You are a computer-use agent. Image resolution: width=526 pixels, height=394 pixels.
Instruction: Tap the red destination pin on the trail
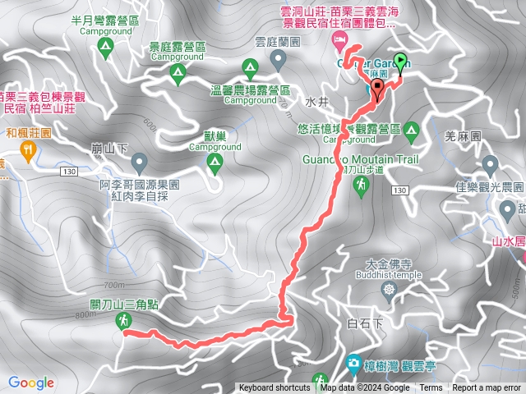377,87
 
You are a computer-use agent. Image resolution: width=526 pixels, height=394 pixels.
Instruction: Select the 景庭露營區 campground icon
178,74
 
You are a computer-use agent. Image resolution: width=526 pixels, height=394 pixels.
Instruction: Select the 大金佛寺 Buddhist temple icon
388,289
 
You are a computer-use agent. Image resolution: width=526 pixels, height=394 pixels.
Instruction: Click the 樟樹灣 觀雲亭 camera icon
353,362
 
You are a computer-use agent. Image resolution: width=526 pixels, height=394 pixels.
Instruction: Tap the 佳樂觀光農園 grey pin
489,164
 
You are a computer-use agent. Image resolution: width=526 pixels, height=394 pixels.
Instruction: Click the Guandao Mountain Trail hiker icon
361,188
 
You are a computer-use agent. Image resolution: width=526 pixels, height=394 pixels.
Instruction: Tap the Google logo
31,383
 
